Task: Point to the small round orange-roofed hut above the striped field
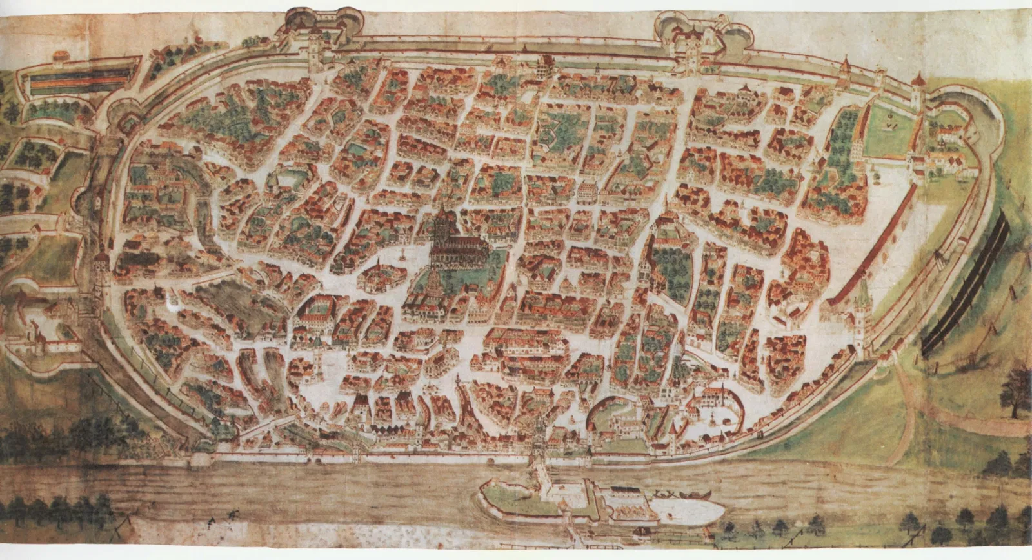(61, 55)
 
